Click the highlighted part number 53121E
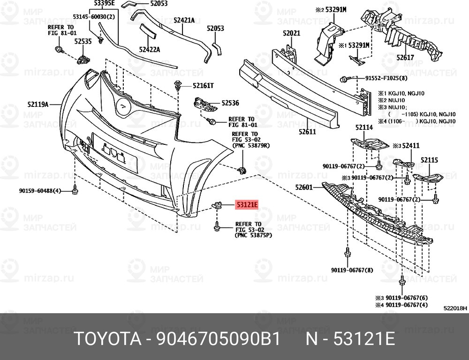(247, 205)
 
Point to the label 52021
(291, 33)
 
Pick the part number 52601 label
(304, 187)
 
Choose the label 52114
(364, 127)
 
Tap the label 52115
(429, 160)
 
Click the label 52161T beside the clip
(203, 86)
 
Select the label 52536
(230, 102)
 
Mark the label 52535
(83, 41)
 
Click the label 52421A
(184, 20)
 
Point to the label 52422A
(149, 49)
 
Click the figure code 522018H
(455, 308)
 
